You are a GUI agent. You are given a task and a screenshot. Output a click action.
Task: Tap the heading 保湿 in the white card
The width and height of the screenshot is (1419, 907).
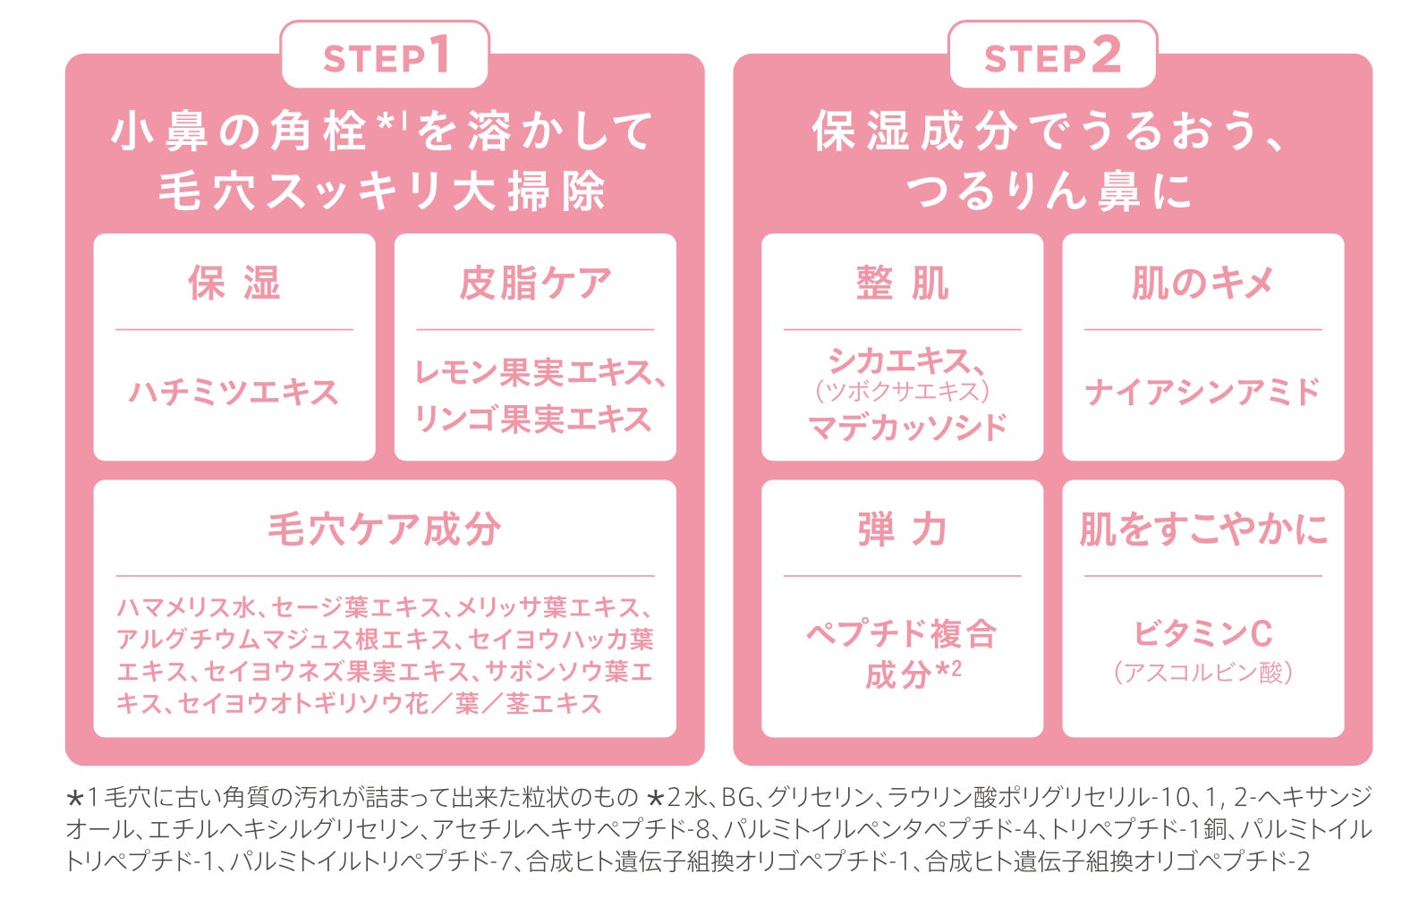click(234, 284)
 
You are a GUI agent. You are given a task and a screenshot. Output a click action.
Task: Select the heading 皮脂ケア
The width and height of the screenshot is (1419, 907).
click(535, 284)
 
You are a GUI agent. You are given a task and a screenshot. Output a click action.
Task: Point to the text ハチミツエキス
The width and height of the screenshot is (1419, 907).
click(234, 392)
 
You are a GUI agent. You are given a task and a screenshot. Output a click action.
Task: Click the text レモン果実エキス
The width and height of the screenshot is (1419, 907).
click(533, 372)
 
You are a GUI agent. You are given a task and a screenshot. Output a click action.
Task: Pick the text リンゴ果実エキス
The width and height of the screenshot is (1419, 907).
click(533, 419)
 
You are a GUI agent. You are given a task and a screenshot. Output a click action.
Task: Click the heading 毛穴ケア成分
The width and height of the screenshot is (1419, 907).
click(385, 530)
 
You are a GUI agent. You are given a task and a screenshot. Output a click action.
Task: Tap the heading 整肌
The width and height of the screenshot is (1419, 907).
click(902, 284)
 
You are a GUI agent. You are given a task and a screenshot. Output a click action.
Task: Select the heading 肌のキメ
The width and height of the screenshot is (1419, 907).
click(1202, 284)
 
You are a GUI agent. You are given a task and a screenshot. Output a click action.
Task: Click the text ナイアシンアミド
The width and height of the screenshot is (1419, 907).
click(1202, 392)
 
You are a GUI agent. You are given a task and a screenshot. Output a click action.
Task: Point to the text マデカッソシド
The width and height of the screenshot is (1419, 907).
click(907, 428)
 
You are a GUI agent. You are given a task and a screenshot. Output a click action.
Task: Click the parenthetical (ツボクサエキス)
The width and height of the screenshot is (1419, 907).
click(902, 392)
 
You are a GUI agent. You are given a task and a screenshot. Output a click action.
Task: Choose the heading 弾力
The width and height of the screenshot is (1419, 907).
click(902, 530)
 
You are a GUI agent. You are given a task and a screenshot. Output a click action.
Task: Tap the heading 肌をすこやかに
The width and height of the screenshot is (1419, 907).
click(1202, 530)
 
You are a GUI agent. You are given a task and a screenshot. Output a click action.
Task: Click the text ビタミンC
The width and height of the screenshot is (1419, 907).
click(1202, 633)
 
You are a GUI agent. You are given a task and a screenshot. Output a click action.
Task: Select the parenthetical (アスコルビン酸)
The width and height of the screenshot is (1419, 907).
click(1202, 673)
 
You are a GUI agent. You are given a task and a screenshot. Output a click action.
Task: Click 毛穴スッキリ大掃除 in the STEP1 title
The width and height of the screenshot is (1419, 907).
click(383, 191)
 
